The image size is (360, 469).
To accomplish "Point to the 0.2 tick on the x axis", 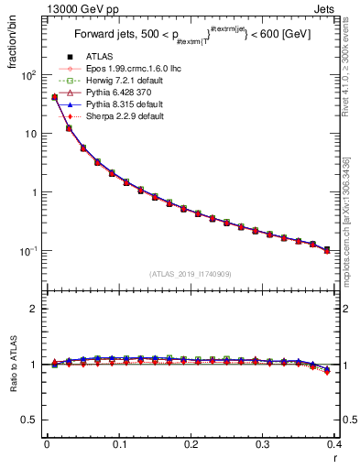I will coord(191,443).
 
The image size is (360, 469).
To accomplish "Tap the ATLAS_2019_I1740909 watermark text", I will coord(191,274).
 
